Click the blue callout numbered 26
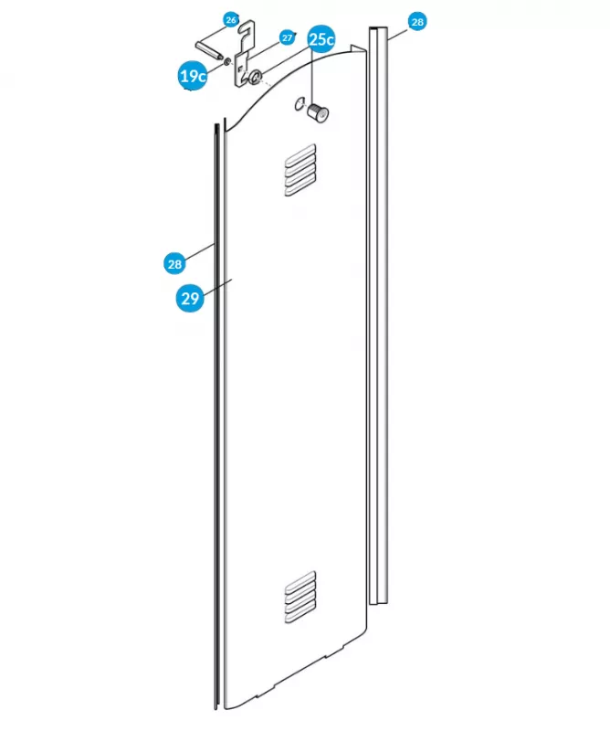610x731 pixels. point(231,20)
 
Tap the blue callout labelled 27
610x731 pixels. point(288,37)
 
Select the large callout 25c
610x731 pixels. point(321,39)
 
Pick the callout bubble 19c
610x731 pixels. point(193,76)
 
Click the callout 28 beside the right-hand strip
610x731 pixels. point(417,21)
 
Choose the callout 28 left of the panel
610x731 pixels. point(174,264)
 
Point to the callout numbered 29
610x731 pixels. point(190,298)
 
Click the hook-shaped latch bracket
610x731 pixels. point(245,54)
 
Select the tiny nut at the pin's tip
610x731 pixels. point(227,61)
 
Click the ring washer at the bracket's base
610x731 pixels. point(256,77)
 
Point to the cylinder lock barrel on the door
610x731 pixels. point(318,112)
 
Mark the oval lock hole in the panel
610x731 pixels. point(299,104)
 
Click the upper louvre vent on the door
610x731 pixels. point(300,170)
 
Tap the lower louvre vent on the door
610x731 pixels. point(300,598)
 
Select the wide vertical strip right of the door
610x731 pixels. point(378,315)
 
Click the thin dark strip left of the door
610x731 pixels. point(216,417)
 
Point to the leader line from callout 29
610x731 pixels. point(217,287)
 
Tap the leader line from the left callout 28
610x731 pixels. point(199,249)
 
